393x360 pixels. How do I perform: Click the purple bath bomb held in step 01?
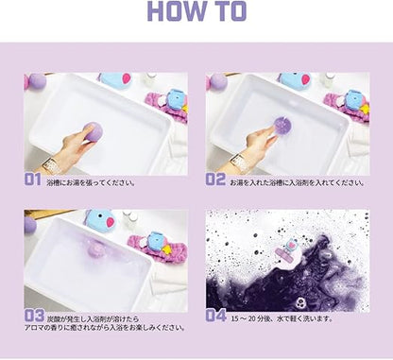93,131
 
